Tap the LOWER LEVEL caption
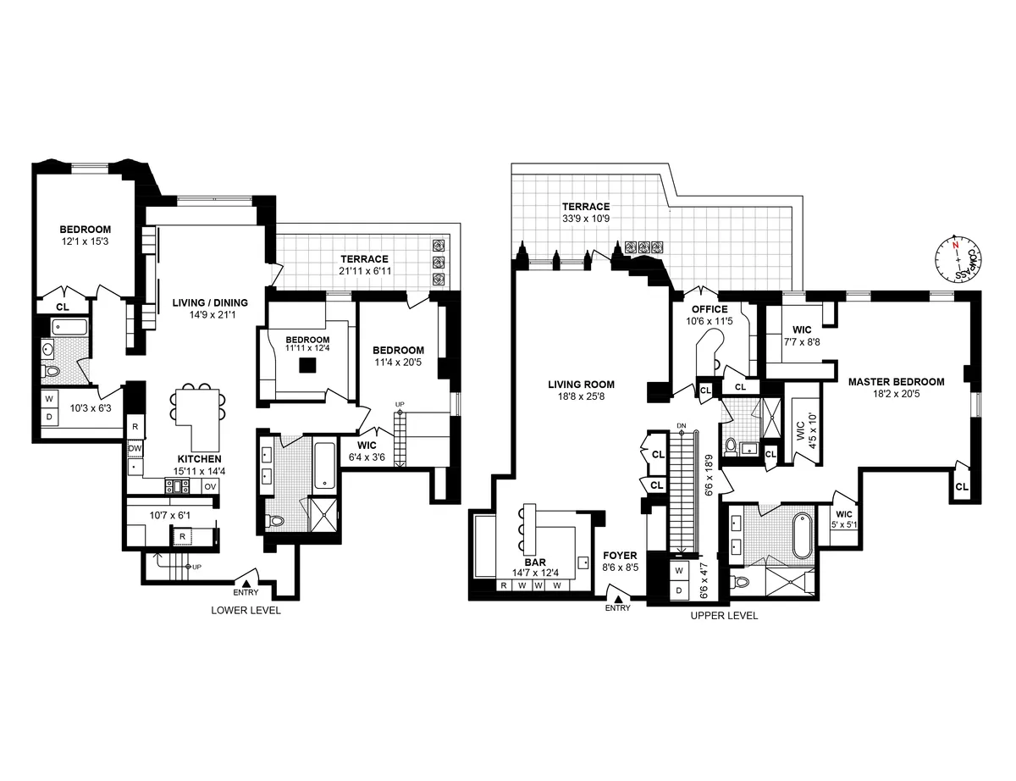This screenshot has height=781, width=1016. click(x=246, y=610)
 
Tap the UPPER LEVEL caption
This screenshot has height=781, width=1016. click(x=724, y=616)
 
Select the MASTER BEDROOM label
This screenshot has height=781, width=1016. click(x=896, y=382)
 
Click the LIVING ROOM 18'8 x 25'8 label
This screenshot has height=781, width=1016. click(x=580, y=390)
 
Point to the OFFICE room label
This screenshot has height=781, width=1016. click(x=709, y=310)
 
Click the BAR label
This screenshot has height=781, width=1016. click(x=535, y=562)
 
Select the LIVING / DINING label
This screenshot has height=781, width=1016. click(x=210, y=302)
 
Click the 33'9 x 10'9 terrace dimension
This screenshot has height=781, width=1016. click(x=586, y=219)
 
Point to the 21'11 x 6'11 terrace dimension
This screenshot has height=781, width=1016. click(x=364, y=270)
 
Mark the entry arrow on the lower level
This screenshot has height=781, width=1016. click(x=246, y=582)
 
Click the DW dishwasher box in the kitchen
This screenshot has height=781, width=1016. click(x=135, y=448)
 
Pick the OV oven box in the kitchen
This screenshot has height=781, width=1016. click(x=210, y=486)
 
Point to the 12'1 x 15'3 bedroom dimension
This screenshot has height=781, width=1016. click(x=85, y=241)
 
